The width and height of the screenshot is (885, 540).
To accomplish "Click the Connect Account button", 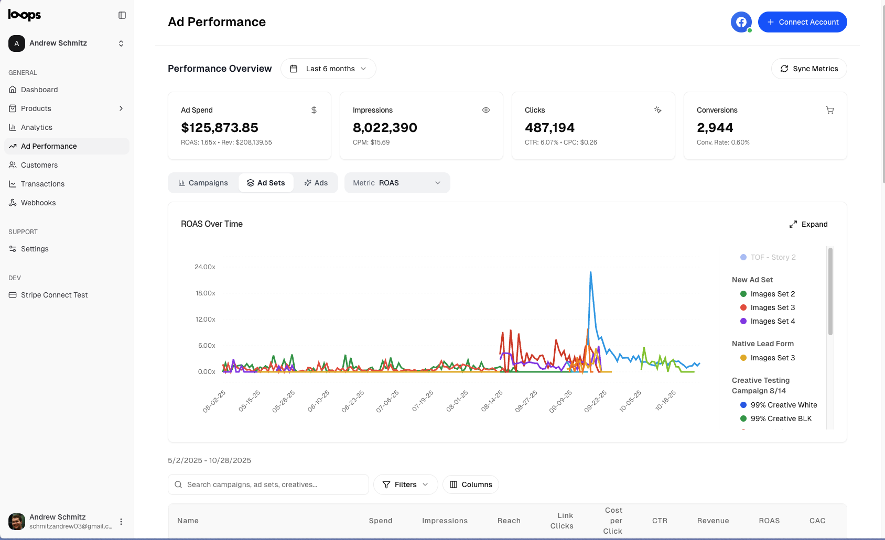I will pyautogui.click(x=802, y=22).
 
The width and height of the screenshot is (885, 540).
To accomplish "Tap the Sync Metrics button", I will pyautogui.click(x=809, y=69).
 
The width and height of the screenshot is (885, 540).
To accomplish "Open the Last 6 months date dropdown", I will pyautogui.click(x=328, y=69).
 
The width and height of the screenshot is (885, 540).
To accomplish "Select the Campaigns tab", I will pyautogui.click(x=203, y=183).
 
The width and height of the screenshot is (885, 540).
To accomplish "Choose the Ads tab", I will pyautogui.click(x=316, y=183).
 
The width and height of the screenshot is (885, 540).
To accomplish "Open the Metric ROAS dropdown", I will pyautogui.click(x=397, y=183).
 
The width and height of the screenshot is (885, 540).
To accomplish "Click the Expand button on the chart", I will pyautogui.click(x=808, y=224).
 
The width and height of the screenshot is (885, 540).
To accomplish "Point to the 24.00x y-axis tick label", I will pyautogui.click(x=205, y=267).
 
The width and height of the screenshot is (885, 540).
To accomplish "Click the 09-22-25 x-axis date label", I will pyautogui.click(x=595, y=402).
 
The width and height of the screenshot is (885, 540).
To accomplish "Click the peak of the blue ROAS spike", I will pyautogui.click(x=590, y=272).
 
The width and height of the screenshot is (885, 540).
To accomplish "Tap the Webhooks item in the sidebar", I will pyautogui.click(x=38, y=203).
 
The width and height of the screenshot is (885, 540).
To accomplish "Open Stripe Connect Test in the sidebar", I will pyautogui.click(x=54, y=295).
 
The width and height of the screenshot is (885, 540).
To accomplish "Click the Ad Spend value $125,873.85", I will pyautogui.click(x=220, y=128).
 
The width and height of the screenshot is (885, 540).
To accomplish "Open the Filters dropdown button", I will pyautogui.click(x=405, y=484).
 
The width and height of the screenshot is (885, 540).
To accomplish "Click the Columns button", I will pyautogui.click(x=471, y=484).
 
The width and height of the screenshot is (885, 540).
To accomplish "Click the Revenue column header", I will pyautogui.click(x=713, y=521).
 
